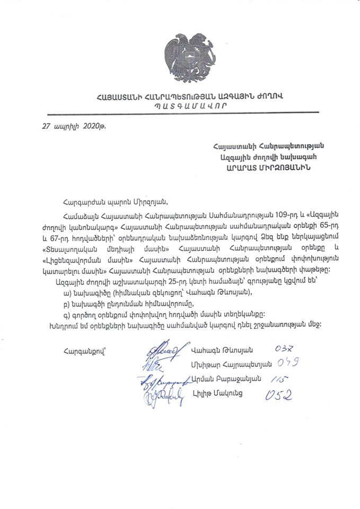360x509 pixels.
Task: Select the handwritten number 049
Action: click(288, 364)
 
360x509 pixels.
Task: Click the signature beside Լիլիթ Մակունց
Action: click(163, 394)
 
